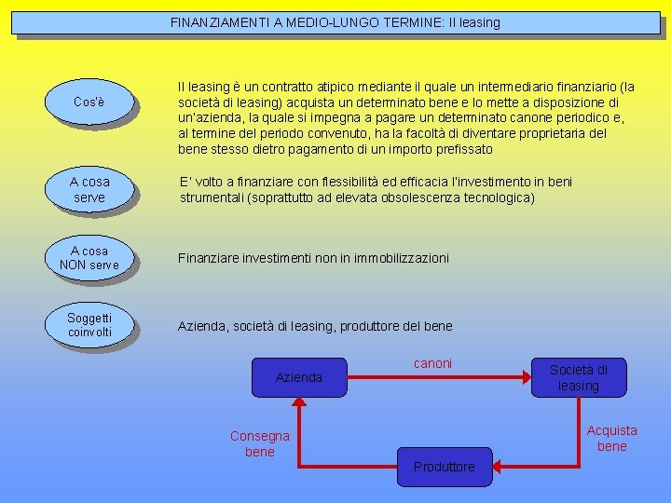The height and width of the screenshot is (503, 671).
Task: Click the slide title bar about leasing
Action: [335, 22]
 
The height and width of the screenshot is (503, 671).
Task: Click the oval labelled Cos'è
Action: [89, 101]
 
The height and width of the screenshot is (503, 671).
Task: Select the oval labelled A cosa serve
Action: [89, 189]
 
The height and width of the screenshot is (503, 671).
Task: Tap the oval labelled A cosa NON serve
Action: [89, 257]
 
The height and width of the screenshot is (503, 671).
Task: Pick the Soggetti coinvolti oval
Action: [89, 325]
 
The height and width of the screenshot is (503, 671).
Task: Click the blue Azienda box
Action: [299, 377]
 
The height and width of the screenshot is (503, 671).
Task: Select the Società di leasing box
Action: [579, 377]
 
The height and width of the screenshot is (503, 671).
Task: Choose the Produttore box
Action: [445, 466]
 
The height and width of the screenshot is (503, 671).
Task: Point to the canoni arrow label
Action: [432, 363]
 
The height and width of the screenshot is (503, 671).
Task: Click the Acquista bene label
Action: [612, 438]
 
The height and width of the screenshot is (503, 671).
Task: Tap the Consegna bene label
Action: [260, 443]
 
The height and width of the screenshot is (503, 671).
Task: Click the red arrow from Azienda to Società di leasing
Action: [438, 377]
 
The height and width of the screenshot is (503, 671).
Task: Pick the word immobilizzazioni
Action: [396, 257]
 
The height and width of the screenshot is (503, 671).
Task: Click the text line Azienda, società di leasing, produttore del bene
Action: [315, 326]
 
